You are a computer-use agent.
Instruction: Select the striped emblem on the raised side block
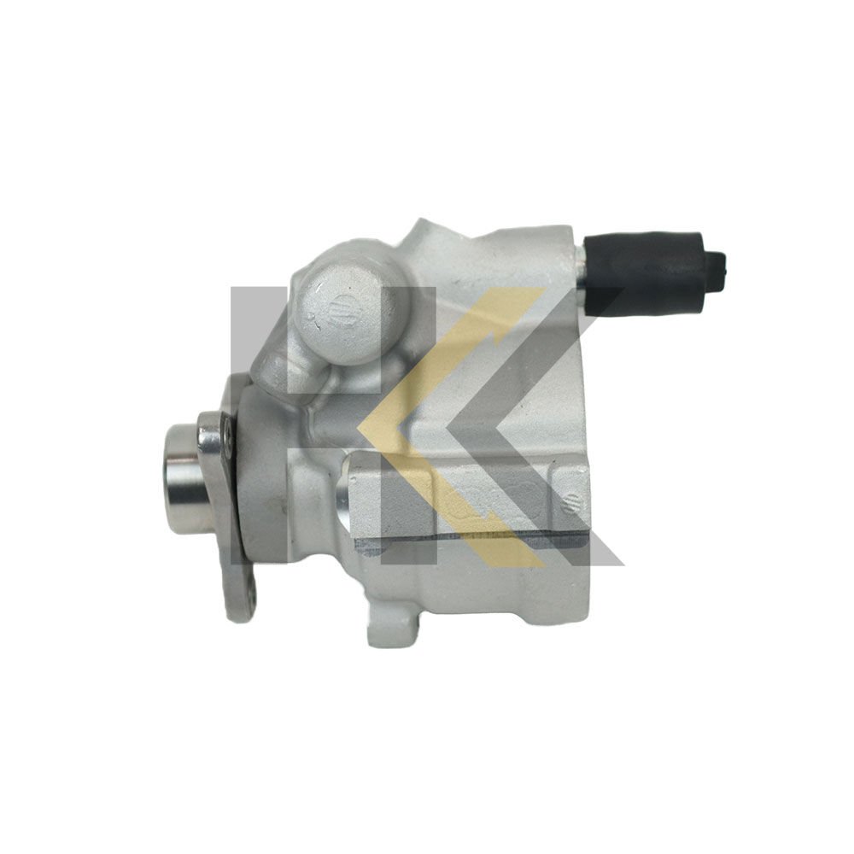570,494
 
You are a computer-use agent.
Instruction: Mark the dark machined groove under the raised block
470,539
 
